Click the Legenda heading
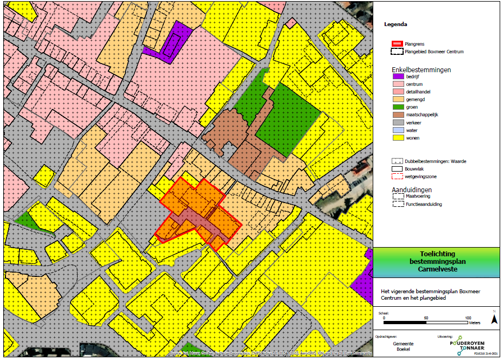pyautogui.click(x=395, y=24)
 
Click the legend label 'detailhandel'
pyautogui.click(x=418, y=92)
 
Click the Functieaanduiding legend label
pyautogui.click(x=424, y=204)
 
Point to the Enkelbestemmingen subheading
pyautogui.click(x=421, y=70)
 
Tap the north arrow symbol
pyautogui.click(x=494, y=319)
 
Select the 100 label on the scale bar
pyautogui.click(x=468, y=318)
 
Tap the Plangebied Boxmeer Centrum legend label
pyautogui.click(x=435, y=52)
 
